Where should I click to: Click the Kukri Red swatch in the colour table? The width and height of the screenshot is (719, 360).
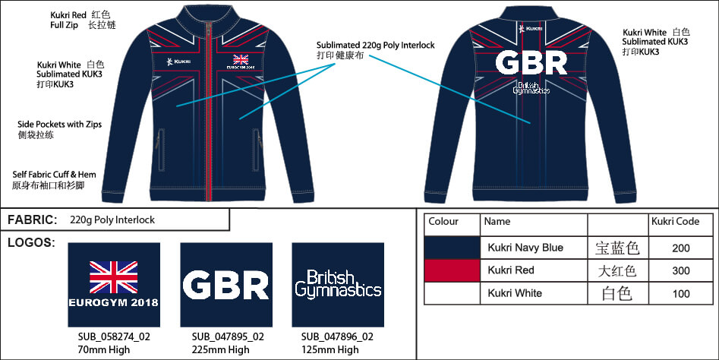[452, 270]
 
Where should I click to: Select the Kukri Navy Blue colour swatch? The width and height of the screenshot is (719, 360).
[452, 248]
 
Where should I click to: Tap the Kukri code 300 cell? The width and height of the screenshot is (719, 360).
[681, 270]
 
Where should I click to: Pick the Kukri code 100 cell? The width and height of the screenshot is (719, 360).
[681, 293]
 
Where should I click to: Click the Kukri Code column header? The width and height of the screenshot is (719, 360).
[676, 222]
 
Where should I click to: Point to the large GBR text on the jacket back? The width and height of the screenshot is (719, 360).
[531, 63]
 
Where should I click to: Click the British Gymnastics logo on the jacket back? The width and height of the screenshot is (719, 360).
[531, 87]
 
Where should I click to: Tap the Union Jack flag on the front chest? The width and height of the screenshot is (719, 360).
[241, 59]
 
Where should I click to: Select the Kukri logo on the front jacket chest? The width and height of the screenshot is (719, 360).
[179, 62]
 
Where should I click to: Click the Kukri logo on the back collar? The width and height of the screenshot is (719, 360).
[531, 29]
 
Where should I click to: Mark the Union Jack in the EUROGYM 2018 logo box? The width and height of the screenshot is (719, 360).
[114, 277]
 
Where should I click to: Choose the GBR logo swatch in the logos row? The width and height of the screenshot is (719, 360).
[226, 285]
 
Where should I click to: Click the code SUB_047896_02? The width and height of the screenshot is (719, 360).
[338, 337]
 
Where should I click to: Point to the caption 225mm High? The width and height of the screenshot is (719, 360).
[221, 350]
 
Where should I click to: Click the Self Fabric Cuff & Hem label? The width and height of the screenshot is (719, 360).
[54, 175]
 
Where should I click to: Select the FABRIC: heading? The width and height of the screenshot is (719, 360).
[32, 219]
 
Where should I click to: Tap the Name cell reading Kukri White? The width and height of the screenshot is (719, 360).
[515, 293]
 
